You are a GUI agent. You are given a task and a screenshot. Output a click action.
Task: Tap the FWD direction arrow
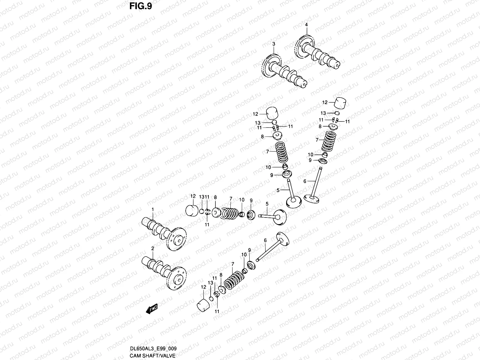click(x=152, y=309)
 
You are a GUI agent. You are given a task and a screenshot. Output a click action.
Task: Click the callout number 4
click(x=306, y=25)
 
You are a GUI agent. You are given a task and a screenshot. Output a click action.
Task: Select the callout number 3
click(x=273, y=44)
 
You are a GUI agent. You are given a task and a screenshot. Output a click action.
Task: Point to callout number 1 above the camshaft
click(x=152, y=209)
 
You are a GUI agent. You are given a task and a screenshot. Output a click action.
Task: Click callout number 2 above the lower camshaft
click(x=152, y=248)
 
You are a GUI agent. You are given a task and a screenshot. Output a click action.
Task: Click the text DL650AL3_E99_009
click(x=153, y=349)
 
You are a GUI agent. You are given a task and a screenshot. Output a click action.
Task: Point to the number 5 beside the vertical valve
click(x=278, y=190)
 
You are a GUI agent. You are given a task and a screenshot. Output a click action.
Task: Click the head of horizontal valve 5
click(x=280, y=217)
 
